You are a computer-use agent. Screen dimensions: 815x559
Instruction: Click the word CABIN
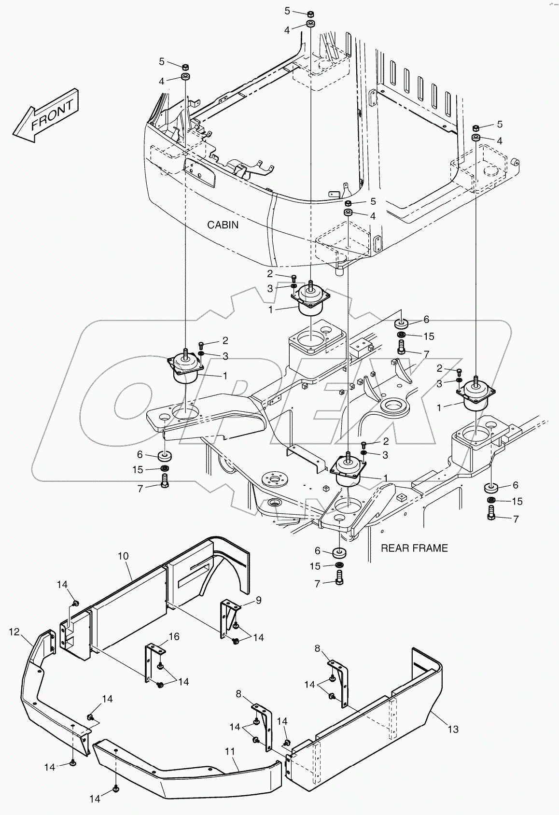click(223, 225)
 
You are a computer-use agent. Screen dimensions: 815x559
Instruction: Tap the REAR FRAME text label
click(414, 548)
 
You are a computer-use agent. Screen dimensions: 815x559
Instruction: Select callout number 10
click(123, 556)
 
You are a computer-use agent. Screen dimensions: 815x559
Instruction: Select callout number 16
click(174, 637)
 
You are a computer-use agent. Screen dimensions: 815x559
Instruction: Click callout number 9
click(258, 600)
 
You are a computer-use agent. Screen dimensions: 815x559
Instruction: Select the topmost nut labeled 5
click(310, 13)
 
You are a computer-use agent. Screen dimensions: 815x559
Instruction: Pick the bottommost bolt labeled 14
click(116, 788)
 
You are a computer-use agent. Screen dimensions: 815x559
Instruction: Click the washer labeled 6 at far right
click(492, 486)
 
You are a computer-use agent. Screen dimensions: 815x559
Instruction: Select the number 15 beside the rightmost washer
click(517, 501)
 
